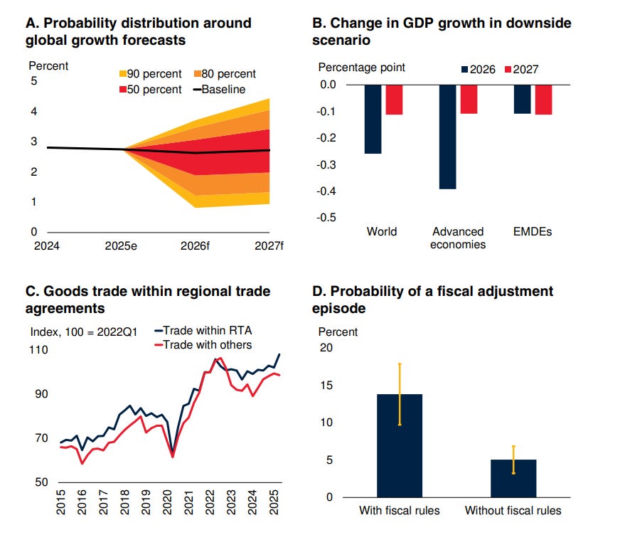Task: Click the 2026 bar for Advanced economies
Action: coord(447,137)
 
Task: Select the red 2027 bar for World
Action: coord(394,100)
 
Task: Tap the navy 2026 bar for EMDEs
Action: coord(522,99)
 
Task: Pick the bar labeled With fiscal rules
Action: coord(400,445)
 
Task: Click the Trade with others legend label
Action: coord(207,344)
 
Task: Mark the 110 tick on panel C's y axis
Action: coord(38,350)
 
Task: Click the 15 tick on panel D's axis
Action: coord(326,386)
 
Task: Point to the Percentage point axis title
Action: coord(361,68)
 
